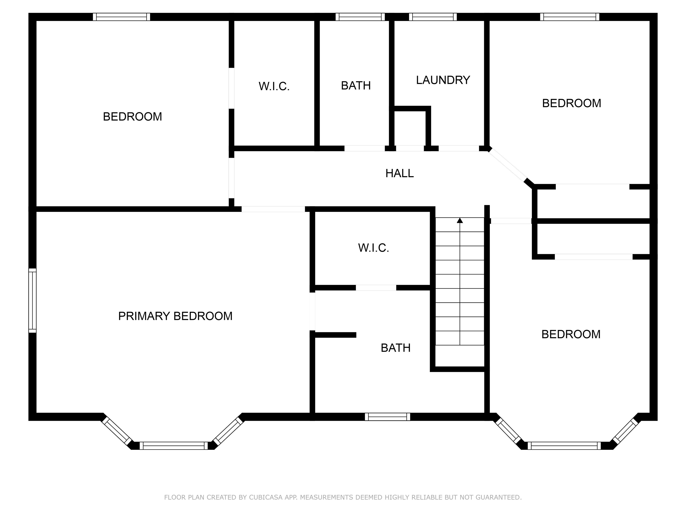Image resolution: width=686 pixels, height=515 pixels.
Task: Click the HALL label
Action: pyautogui.click(x=399, y=173)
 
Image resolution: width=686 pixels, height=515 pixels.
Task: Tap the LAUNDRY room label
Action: pyautogui.click(x=443, y=80)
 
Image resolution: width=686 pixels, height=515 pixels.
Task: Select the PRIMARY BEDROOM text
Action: pyautogui.click(x=175, y=316)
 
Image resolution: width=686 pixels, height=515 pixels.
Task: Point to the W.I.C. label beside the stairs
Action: pyautogui.click(x=373, y=248)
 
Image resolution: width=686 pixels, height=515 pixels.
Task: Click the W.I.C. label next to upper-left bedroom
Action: pyautogui.click(x=274, y=86)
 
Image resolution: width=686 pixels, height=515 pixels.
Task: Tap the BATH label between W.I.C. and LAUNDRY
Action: pyautogui.click(x=356, y=85)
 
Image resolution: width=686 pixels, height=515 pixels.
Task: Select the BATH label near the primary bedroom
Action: pyautogui.click(x=395, y=348)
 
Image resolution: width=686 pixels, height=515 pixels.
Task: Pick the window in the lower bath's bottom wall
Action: pyautogui.click(x=387, y=417)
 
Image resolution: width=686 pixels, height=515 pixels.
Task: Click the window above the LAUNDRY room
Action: pyautogui.click(x=433, y=17)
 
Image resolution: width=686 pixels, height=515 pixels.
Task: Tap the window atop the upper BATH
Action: pyautogui.click(x=360, y=17)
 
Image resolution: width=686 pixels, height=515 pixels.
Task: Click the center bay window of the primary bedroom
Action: pyautogui.click(x=174, y=446)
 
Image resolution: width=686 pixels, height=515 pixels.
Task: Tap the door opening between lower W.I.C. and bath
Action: pyautogui.click(x=376, y=288)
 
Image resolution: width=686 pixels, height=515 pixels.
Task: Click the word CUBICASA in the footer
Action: pyautogui.click(x=266, y=497)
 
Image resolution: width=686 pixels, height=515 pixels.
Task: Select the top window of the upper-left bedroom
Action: pyautogui.click(x=121, y=17)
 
